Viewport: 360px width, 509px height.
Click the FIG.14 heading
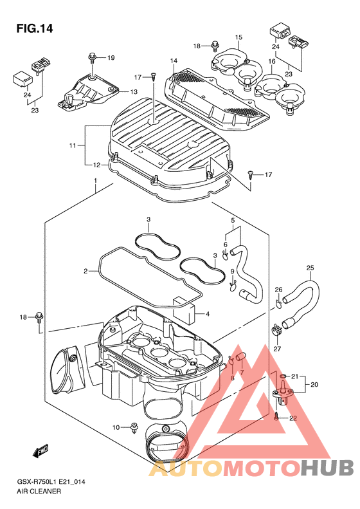[x=34, y=28]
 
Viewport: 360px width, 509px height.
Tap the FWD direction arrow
[x=41, y=450]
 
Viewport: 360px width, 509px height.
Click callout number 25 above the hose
[x=310, y=268]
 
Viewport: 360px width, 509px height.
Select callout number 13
[x=134, y=92]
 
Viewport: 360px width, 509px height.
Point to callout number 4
[x=207, y=314]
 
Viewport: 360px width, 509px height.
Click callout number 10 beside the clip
[x=116, y=427]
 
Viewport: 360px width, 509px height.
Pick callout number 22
[x=293, y=418]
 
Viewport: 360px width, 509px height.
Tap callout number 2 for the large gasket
[x=85, y=271]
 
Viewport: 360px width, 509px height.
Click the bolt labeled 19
[x=93, y=58]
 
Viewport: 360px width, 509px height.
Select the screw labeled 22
[x=276, y=416]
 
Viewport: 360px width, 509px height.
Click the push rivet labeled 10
[x=134, y=428]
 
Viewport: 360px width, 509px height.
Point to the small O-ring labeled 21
[x=283, y=376]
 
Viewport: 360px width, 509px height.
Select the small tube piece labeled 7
[x=240, y=356]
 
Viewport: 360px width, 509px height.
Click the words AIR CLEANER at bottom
[x=39, y=491]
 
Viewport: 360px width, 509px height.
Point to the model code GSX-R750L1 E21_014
[x=51, y=482]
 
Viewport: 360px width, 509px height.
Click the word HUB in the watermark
[x=327, y=467]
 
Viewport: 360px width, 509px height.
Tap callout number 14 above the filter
[x=174, y=60]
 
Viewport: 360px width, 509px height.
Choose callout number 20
[x=314, y=384]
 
